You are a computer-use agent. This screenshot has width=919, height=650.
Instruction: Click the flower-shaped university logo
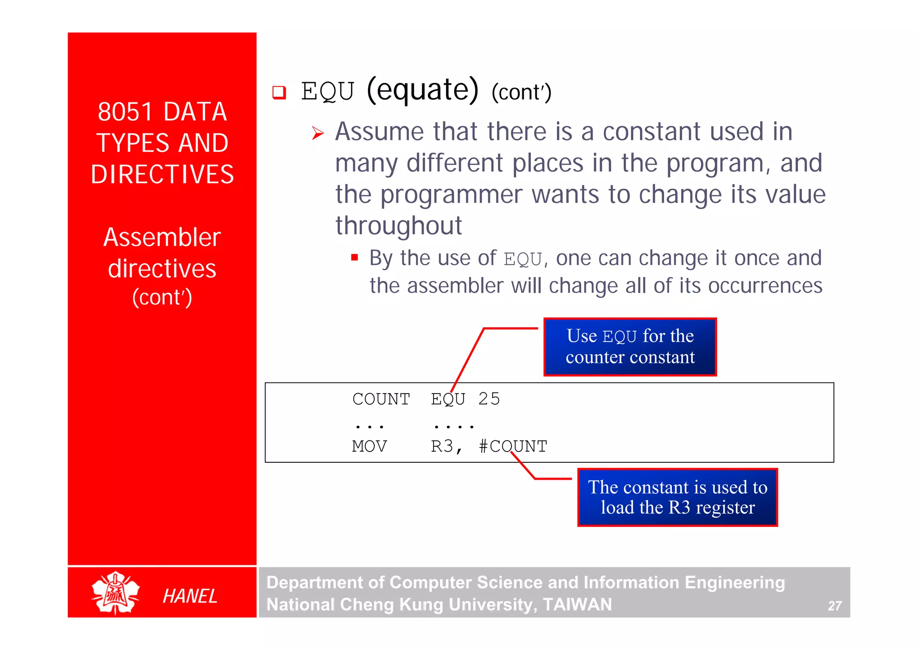(115, 593)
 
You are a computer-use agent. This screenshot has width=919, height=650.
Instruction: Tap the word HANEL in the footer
(190, 596)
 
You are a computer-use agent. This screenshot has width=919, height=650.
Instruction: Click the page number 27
(834, 606)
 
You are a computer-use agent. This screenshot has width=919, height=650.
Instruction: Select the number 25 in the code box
(489, 399)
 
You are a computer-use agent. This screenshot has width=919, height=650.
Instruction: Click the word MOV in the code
(369, 446)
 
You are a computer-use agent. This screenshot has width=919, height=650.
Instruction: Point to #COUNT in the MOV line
(513, 446)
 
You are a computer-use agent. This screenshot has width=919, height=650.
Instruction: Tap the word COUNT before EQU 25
(381, 399)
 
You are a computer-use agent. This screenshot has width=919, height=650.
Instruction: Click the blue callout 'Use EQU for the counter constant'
(630, 347)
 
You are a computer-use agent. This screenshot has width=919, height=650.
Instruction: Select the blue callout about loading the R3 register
(677, 497)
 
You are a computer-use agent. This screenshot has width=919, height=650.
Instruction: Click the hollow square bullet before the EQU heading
(279, 92)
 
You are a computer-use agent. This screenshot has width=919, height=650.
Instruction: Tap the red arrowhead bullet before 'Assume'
(318, 133)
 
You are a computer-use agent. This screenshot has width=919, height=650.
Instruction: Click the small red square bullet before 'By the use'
(354, 258)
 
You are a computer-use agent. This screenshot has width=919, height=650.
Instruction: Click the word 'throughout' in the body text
(398, 225)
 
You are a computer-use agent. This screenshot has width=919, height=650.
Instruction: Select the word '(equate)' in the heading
(423, 90)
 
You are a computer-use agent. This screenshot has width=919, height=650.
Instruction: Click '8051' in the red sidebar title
(125, 112)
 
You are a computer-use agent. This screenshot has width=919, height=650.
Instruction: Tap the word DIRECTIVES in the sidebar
(162, 174)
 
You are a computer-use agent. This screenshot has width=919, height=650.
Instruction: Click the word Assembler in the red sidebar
(162, 237)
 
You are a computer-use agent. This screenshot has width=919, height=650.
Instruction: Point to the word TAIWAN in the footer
(577, 605)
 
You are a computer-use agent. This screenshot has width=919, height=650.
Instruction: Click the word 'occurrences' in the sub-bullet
(765, 286)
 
